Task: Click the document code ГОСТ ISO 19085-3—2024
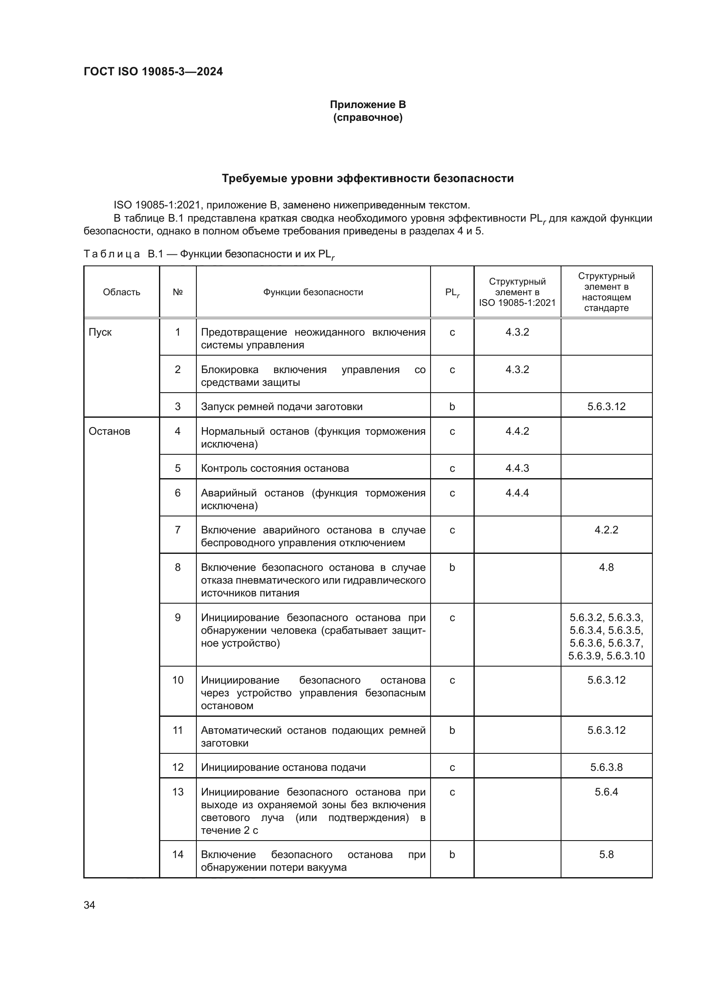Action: click(x=153, y=71)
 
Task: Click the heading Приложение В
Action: click(x=368, y=105)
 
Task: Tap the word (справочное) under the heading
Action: click(x=368, y=117)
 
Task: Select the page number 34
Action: click(x=90, y=905)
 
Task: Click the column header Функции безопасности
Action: click(x=313, y=292)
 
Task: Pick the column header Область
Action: click(x=121, y=292)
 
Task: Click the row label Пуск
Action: click(x=100, y=332)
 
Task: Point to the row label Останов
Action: click(x=109, y=431)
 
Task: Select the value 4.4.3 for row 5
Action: click(x=517, y=468)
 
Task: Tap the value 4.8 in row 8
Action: click(x=606, y=567)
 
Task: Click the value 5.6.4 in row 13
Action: click(x=606, y=792)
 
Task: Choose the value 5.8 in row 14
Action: click(x=606, y=854)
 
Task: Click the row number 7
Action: click(x=178, y=530)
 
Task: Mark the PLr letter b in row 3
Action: click(x=452, y=407)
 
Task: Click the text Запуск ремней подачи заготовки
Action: click(x=281, y=407)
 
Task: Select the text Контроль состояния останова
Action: click(x=275, y=468)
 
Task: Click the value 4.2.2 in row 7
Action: click(x=606, y=530)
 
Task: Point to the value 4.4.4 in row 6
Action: click(x=517, y=493)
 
